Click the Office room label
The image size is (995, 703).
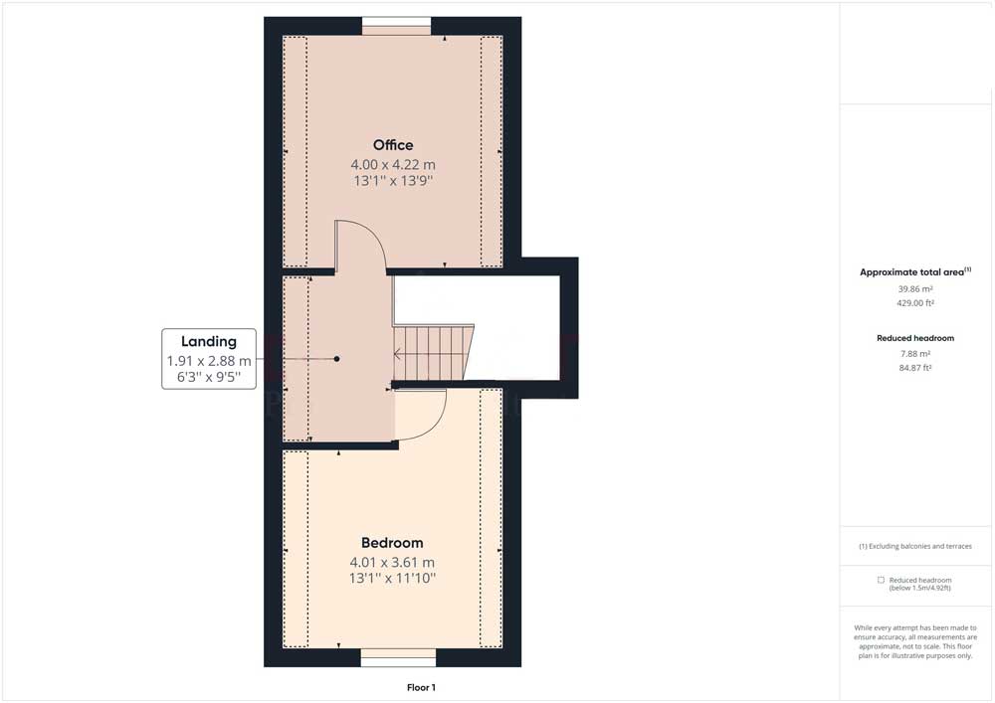(x=393, y=145)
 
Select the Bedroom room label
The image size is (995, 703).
(x=392, y=543)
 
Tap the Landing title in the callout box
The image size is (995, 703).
(x=209, y=342)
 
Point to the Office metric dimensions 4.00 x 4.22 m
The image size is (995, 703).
(x=393, y=165)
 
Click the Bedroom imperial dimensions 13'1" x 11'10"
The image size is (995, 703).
(x=392, y=578)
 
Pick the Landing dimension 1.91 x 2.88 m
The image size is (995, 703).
(x=209, y=361)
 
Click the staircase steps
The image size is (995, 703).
(x=433, y=353)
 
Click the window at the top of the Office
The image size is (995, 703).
(x=397, y=26)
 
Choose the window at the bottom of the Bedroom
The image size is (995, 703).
(x=399, y=657)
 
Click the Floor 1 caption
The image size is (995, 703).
(x=421, y=688)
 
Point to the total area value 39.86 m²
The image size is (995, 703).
(x=915, y=289)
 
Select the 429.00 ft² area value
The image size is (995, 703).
(x=915, y=303)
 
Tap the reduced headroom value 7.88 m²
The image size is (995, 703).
(x=915, y=354)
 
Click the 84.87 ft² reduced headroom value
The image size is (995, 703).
(x=915, y=368)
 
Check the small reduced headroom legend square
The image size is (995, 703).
(x=881, y=580)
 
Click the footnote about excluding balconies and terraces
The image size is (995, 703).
(x=915, y=546)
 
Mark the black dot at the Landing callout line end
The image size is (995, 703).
(x=337, y=359)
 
